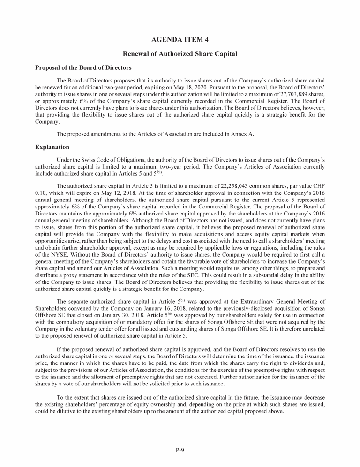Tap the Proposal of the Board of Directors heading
tap(83, 67)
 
